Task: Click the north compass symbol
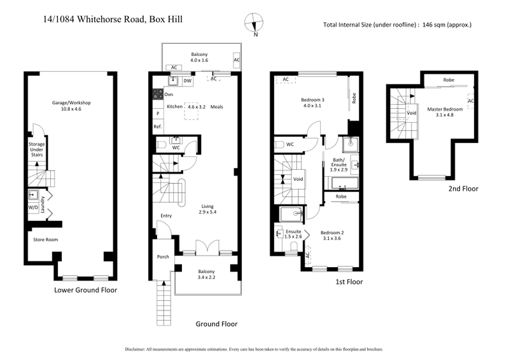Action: (x=255, y=24)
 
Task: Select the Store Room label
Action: (x=46, y=239)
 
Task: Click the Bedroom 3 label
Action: (x=313, y=100)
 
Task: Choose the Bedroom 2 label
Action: (x=331, y=233)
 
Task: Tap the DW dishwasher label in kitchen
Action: (x=188, y=81)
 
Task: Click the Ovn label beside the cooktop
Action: (x=169, y=94)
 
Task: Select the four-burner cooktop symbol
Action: (x=157, y=93)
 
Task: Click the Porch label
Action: (x=162, y=257)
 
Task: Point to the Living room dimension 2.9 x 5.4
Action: (x=208, y=212)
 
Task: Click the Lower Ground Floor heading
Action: (x=85, y=290)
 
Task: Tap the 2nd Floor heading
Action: (x=463, y=188)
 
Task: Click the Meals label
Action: (x=217, y=106)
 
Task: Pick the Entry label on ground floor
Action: (x=166, y=216)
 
